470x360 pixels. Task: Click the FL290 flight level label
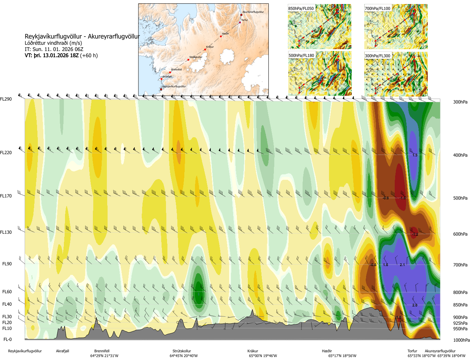pyautogui.click(x=6, y=99)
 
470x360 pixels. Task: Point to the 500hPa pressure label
pyautogui.click(x=460, y=198)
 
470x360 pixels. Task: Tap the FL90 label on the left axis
pyautogui.click(x=7, y=264)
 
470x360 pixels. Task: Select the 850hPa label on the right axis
pyautogui.click(x=460, y=305)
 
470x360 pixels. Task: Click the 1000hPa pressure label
pyautogui.click(x=461, y=340)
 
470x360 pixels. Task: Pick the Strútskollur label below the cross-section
pyautogui.click(x=182, y=351)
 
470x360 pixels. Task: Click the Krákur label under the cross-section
pyautogui.click(x=253, y=351)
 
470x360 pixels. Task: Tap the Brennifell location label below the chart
pyautogui.click(x=102, y=351)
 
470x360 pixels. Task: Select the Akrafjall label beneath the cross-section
pyautogui.click(x=62, y=351)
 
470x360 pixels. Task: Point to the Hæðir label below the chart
pyautogui.click(x=327, y=351)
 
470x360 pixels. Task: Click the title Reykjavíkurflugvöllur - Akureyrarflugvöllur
pyautogui.click(x=82, y=37)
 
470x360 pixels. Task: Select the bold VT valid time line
pyautogui.click(x=61, y=56)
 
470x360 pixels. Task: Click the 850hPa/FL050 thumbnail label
pyautogui.click(x=301, y=8)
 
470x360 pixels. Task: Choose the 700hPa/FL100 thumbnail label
pyautogui.click(x=377, y=8)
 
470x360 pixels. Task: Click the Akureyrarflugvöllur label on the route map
pyautogui.click(x=253, y=12)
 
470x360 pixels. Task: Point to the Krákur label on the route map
pyautogui.click(x=210, y=47)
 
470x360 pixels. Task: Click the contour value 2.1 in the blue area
pyautogui.click(x=402, y=265)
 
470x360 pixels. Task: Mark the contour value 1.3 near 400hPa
pyautogui.click(x=415, y=155)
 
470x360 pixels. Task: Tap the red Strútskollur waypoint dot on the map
pyautogui.click(x=188, y=59)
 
